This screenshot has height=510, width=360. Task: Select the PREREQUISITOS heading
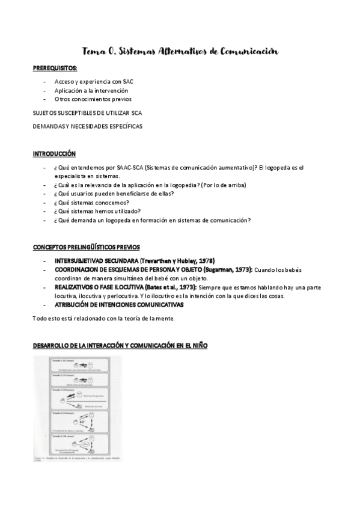coord(55,69)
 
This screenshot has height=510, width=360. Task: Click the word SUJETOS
coord(44,112)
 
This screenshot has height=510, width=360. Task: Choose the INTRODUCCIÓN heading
coord(54,154)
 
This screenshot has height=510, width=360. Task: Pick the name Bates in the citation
coord(166,287)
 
